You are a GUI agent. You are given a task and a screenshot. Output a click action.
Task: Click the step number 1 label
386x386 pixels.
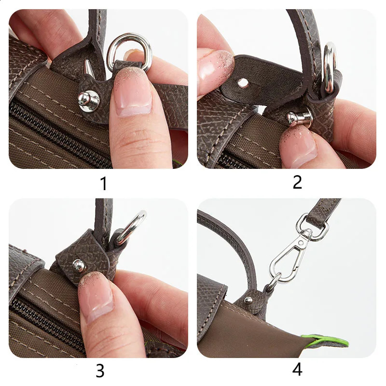103,183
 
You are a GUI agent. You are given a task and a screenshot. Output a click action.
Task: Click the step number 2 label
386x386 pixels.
297,182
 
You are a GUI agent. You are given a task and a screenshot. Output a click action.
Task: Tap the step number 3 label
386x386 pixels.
100,371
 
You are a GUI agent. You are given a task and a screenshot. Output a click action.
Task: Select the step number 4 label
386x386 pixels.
297,370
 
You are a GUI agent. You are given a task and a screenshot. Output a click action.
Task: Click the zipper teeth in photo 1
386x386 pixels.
58,130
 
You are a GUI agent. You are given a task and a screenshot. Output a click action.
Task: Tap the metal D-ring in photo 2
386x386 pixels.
330,68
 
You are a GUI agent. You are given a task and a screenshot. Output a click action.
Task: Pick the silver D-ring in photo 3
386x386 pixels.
131,227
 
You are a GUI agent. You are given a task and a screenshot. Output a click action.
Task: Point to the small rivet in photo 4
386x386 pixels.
248,300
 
